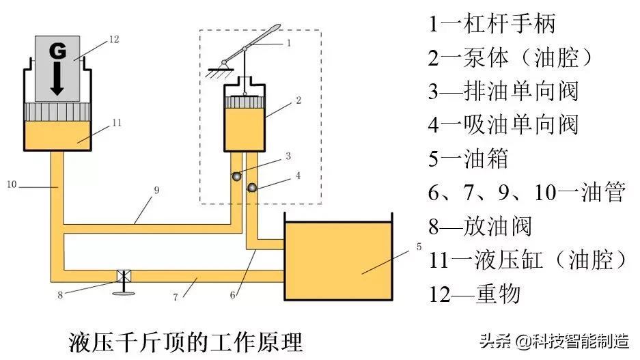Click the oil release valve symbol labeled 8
click(124, 277)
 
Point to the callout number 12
click(113, 40)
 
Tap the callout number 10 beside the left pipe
click(12, 184)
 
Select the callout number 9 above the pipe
click(156, 191)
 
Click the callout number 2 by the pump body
click(298, 100)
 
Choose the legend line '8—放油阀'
click(480, 226)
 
